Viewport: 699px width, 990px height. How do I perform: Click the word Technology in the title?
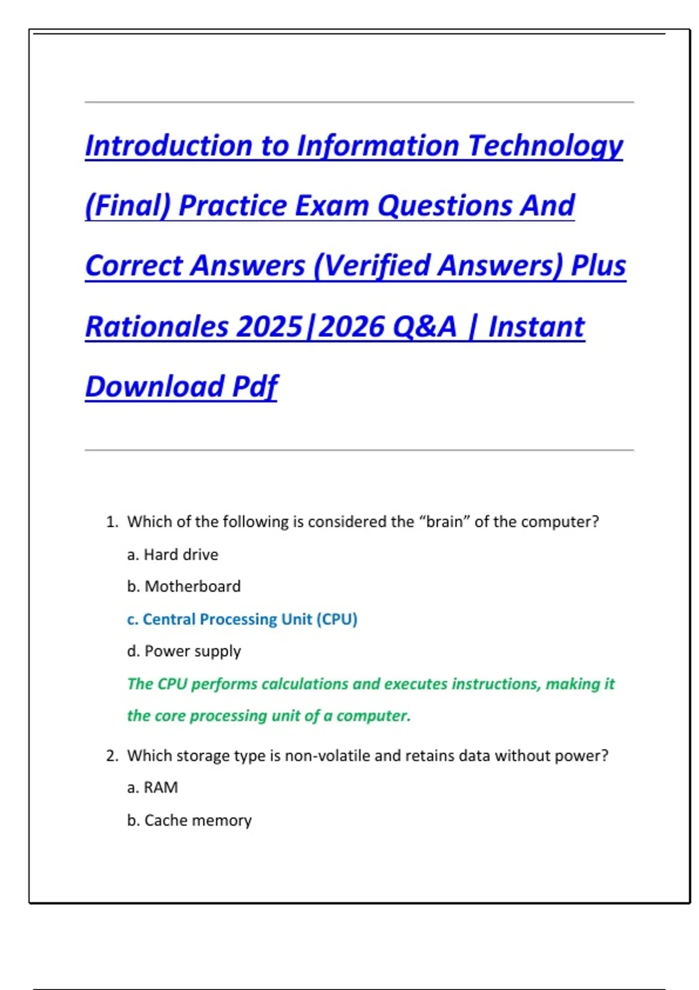point(545,146)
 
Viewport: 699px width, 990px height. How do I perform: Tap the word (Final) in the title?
point(128,206)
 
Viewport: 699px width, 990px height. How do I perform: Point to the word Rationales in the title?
point(157,326)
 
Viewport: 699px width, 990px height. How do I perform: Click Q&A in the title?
point(425,326)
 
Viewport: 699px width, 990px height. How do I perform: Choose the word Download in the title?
point(154,386)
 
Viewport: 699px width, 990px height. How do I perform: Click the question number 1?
point(111,522)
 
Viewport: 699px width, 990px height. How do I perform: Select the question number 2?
point(112,756)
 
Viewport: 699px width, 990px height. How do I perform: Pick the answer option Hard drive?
point(181,554)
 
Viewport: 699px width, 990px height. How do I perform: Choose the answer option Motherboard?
point(192,586)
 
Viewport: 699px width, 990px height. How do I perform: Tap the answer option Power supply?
point(192,651)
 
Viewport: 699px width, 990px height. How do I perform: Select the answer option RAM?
point(161,787)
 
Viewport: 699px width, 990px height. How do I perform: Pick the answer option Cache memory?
point(198,820)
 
